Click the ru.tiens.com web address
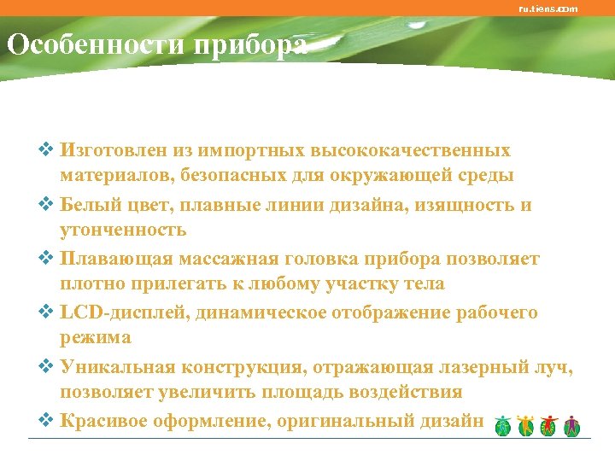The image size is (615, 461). coord(548,9)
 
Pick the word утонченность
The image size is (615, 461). coord(123,230)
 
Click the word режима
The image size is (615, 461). coord(95,338)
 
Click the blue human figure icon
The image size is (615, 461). coord(504,424)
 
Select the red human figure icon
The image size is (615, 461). coord(549,424)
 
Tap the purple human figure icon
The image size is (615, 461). coord(571,424)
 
